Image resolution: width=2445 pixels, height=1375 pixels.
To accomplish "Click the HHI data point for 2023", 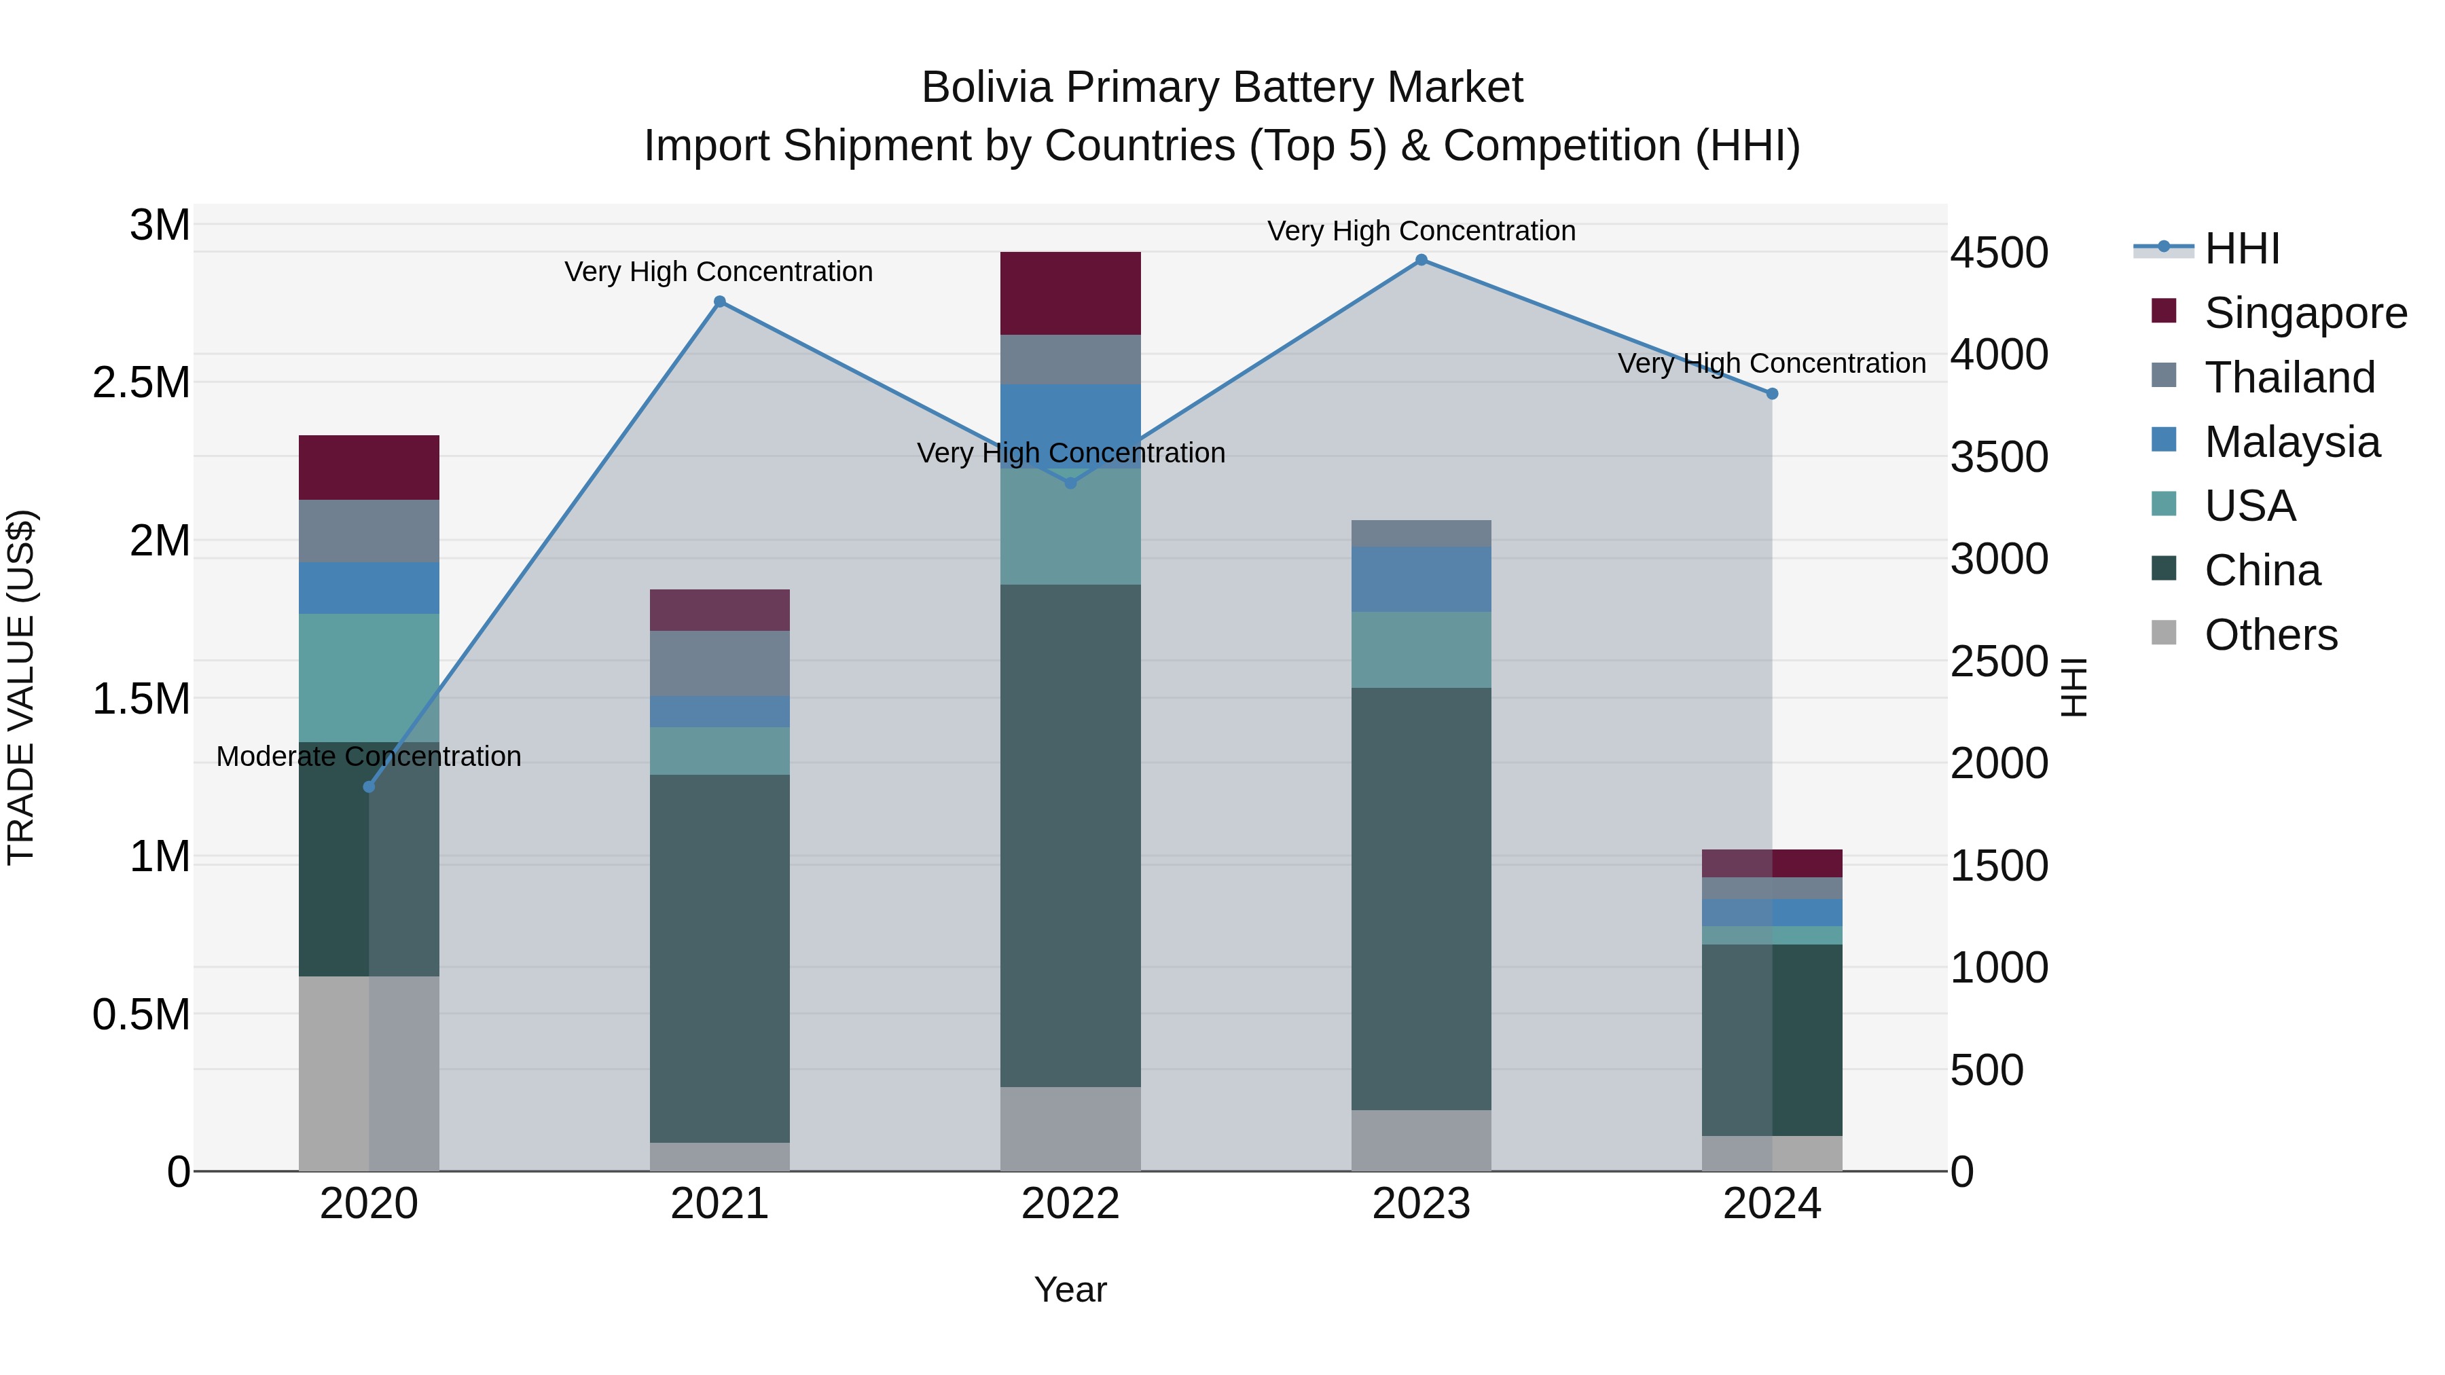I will point(1421,260).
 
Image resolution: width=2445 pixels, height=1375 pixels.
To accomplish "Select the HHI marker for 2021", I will point(719,301).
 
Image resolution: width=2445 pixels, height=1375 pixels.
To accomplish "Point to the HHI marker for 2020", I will point(369,787).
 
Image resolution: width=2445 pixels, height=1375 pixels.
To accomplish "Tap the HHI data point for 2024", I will point(1772,394).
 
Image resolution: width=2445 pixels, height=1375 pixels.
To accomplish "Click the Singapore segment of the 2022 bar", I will point(1070,293).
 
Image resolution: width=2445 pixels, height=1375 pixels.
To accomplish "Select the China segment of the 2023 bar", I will point(1421,898).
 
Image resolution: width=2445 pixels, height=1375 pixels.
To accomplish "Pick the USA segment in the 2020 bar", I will point(369,678).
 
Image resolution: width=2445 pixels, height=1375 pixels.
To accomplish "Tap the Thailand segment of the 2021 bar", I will point(719,663).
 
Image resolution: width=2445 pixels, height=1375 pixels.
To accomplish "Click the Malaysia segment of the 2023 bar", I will point(1421,579).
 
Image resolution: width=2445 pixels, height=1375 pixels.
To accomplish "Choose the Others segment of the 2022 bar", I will point(1070,1129).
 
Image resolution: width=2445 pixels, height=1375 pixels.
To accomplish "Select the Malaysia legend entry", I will point(2292,442).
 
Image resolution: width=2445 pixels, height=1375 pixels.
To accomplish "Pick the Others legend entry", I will point(2270,635).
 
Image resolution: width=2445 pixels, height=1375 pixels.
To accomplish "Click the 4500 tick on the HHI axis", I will point(1999,253).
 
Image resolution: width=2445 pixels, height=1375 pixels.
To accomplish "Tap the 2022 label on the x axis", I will point(1070,1204).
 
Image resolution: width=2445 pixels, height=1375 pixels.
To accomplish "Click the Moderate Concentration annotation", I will point(369,756).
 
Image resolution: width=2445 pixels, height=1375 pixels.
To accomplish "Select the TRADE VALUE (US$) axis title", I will point(21,687).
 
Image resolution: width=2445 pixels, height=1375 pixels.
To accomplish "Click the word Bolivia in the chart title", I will point(987,88).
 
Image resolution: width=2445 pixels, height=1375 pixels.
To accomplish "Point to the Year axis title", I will point(1070,1289).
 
